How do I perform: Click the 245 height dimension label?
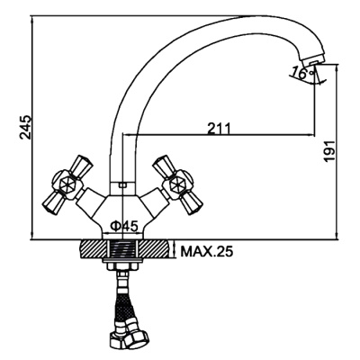[x=25, y=127]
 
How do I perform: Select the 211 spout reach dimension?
[x=219, y=128]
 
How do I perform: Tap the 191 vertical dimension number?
[x=330, y=151]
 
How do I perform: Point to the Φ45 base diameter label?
[x=124, y=225]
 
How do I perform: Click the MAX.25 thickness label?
[x=206, y=251]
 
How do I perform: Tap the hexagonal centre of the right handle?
[x=176, y=184]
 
